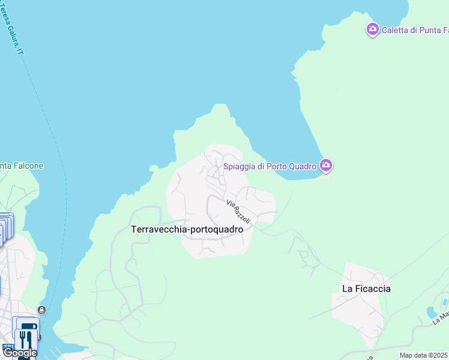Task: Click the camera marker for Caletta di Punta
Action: (372, 29)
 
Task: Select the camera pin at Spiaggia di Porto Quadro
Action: (326, 164)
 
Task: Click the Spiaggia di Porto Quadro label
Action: (270, 166)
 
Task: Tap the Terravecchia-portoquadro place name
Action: (187, 229)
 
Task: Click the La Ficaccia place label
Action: (366, 289)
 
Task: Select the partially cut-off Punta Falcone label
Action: (22, 166)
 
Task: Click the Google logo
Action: (20, 353)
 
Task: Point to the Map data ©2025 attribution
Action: (423, 355)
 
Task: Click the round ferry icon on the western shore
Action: (41, 310)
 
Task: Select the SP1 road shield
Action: (8, 347)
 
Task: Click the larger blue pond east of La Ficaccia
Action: (433, 313)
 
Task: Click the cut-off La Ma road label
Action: (441, 316)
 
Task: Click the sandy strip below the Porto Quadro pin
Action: (325, 175)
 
